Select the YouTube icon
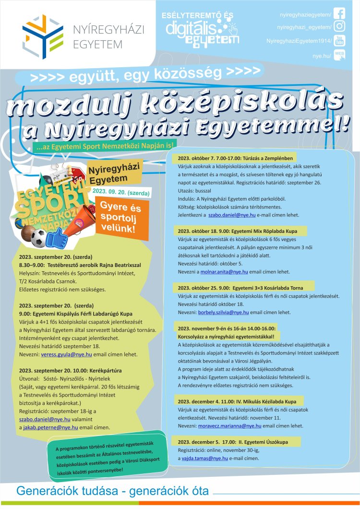pos(339,41)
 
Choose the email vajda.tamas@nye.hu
pos(207,459)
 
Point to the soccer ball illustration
pos(39,238)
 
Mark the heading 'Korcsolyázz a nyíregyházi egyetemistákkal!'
pos(229,337)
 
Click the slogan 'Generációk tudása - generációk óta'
pos(112,491)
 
